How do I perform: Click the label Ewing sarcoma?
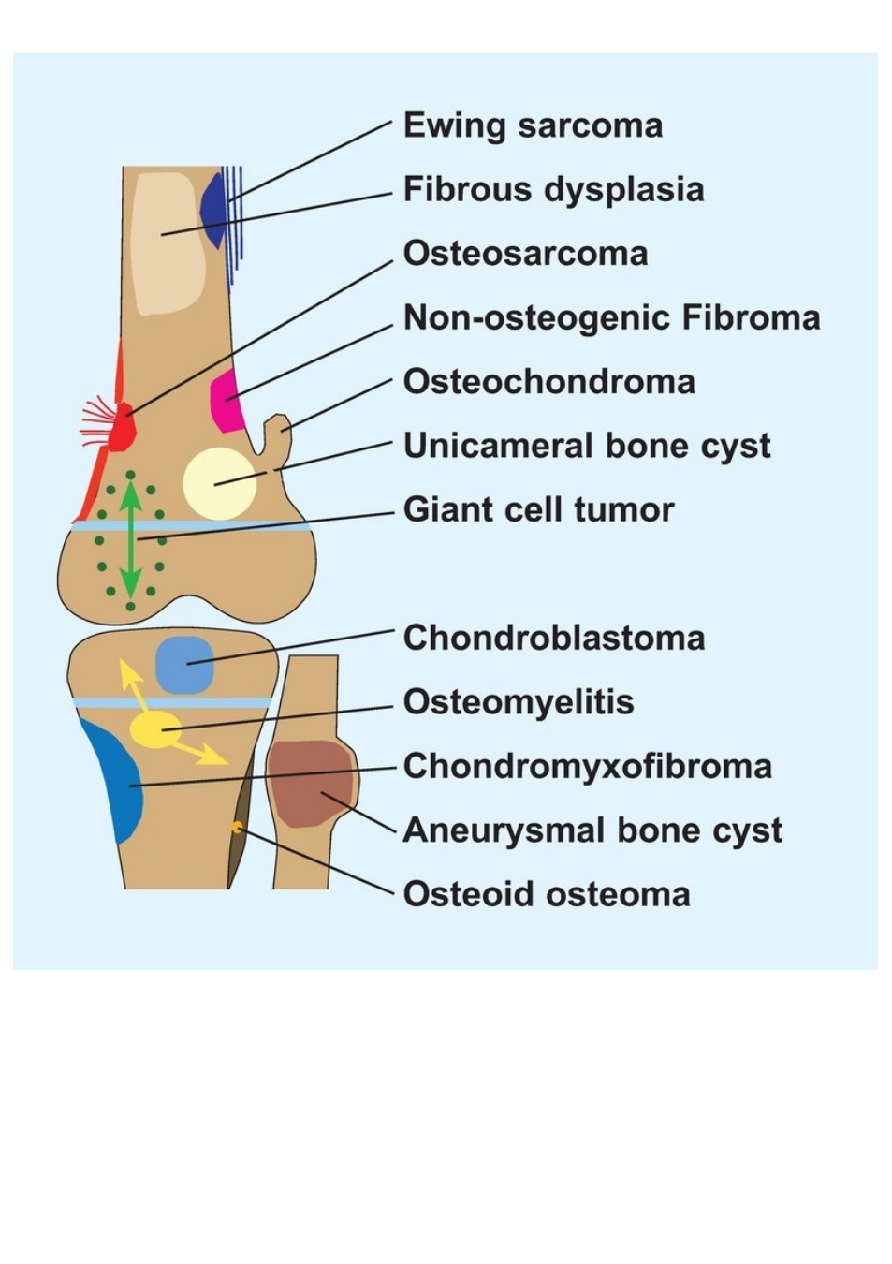[533, 126]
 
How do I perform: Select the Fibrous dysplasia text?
[553, 190]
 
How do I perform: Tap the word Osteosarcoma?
[525, 254]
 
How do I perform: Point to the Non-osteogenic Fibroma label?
[611, 317]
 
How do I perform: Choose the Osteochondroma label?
[549, 381]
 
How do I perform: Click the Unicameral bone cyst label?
[587, 447]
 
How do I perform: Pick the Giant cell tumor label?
[538, 509]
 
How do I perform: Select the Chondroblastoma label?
[554, 638]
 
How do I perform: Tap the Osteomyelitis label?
[519, 703]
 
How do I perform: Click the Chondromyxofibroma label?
[587, 767]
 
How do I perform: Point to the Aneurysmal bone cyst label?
[592, 831]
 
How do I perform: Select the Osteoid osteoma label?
[546, 894]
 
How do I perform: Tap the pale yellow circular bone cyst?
[220, 483]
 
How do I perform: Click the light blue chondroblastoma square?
[184, 664]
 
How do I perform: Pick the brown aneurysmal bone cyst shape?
[312, 785]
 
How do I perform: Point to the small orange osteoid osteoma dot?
[237, 828]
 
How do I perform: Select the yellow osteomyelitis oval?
[155, 729]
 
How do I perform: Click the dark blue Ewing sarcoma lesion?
[215, 210]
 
